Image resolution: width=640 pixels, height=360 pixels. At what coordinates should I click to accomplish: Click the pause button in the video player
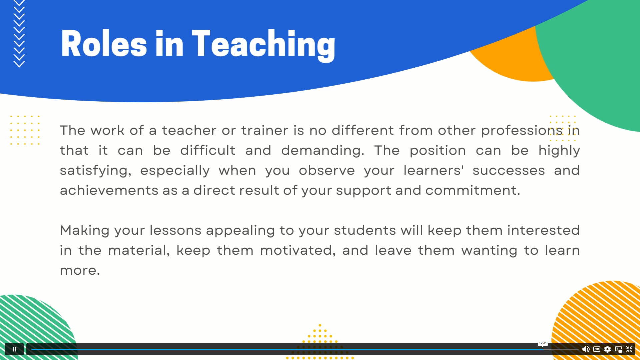click(x=14, y=349)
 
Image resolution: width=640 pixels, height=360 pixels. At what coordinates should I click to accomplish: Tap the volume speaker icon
click(x=586, y=349)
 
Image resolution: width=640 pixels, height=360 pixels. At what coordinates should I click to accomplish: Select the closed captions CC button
click(x=597, y=349)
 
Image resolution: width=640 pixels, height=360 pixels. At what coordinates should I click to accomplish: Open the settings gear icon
click(x=607, y=349)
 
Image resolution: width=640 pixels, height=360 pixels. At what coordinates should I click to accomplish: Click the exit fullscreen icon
click(x=629, y=349)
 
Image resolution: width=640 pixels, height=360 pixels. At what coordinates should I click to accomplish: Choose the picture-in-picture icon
click(x=618, y=349)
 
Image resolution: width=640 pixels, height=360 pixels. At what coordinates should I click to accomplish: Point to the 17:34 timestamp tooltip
click(x=543, y=343)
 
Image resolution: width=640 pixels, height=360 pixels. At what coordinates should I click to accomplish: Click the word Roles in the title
click(x=104, y=44)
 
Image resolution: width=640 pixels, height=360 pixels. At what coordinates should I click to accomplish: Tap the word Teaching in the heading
click(x=263, y=45)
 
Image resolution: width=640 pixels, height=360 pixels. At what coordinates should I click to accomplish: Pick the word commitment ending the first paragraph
click(x=472, y=190)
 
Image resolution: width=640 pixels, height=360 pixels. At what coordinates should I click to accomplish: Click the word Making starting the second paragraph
click(x=85, y=230)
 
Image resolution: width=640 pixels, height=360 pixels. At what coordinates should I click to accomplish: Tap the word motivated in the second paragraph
click(x=298, y=250)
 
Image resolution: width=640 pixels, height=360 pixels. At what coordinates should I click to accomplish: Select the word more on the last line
click(x=79, y=270)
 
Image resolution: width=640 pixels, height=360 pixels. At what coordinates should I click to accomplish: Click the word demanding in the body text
click(x=322, y=150)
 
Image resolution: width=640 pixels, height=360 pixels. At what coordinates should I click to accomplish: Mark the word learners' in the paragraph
click(x=433, y=170)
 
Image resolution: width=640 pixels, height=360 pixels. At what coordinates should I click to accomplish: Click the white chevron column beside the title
click(x=19, y=33)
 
